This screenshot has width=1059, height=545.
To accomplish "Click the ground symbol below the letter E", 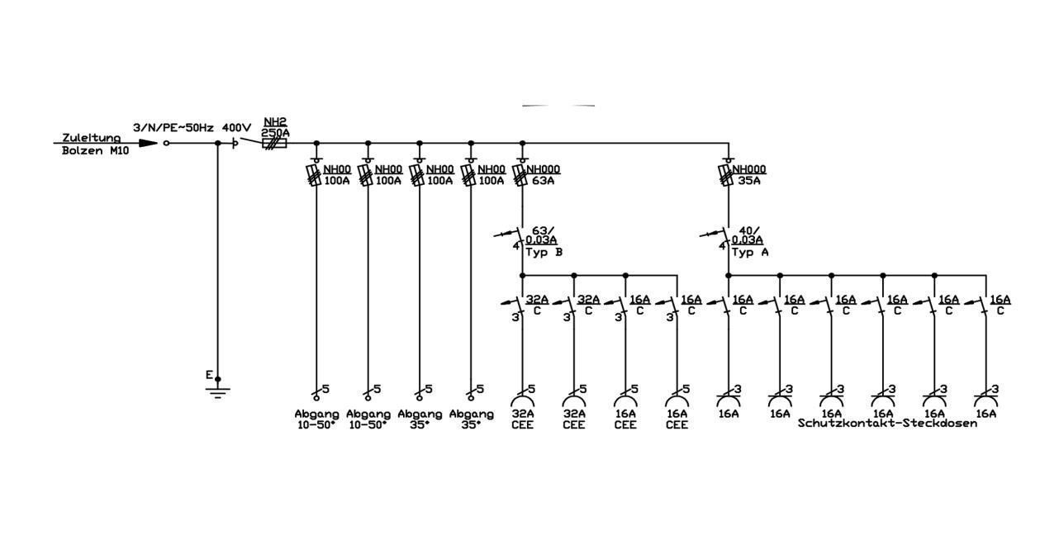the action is [217, 393].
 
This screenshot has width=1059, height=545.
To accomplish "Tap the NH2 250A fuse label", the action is [275, 128].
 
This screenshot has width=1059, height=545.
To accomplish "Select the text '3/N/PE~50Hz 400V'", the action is [192, 128].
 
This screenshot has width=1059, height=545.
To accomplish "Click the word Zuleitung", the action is [91, 138].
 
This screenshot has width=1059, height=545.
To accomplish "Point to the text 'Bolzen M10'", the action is [95, 151].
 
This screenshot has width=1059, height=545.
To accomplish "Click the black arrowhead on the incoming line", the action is [149, 143].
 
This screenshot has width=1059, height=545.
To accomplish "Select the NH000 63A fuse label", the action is [544, 174].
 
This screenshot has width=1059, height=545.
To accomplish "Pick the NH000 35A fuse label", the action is [749, 174].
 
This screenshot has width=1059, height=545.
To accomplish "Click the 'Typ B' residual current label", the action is [544, 252].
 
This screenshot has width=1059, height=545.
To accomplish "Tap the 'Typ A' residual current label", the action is [750, 252].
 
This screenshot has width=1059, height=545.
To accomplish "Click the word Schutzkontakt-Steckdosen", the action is [887, 423].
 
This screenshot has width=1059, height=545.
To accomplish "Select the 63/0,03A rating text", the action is [541, 235].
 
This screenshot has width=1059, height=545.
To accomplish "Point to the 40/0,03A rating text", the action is [748, 235].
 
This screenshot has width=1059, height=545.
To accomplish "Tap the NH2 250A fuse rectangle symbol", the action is [274, 143].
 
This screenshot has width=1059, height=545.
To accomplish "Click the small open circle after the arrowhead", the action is [166, 143].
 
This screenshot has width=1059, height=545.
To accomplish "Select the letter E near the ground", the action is [209, 375].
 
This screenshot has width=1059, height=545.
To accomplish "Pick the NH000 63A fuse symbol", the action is [519, 175].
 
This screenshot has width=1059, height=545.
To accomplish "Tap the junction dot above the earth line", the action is [217, 143].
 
